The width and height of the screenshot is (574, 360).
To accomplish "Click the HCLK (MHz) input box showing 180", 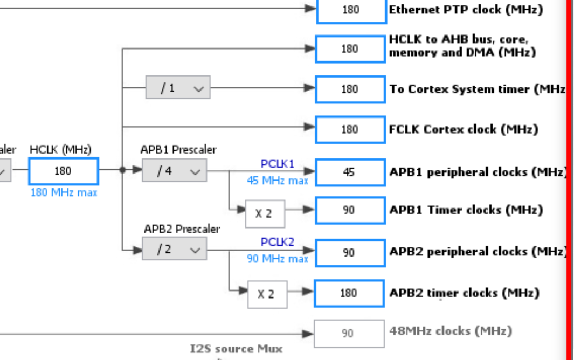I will point(63,171).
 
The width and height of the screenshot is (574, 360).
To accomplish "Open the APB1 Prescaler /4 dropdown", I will point(174,171).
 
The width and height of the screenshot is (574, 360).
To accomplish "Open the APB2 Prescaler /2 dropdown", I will point(174,250).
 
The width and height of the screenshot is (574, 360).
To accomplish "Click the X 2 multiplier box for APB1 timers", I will point(265,213).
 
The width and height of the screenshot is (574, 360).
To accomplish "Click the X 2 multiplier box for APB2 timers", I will point(267,294).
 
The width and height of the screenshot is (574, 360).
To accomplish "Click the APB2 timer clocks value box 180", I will point(349,293).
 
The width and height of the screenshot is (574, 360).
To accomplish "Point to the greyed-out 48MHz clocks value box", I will point(348,334).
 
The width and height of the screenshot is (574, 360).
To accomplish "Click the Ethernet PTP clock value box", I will point(351,10).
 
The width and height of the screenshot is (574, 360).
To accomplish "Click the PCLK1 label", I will point(278,164).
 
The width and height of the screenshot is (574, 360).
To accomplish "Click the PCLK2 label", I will point(278,243).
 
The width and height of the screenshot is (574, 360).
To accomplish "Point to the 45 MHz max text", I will point(278,181).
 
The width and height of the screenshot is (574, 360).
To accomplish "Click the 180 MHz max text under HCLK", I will point(64,192).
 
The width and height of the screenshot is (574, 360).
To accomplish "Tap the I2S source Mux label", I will point(236,349).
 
